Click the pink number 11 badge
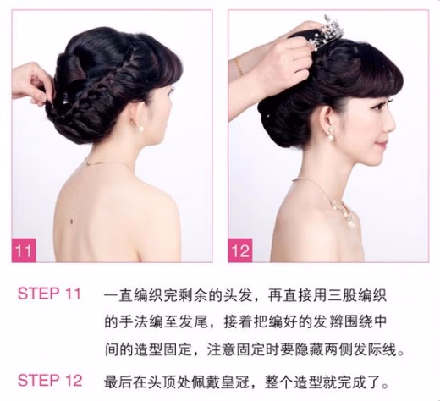[24, 250]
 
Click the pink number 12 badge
[240, 250]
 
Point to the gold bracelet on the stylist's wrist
[239, 65]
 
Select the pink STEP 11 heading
[49, 294]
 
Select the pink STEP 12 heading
[50, 380]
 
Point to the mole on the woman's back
[72, 222]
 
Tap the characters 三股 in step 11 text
[343, 295]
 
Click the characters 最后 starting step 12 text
[118, 382]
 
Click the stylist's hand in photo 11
[32, 83]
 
